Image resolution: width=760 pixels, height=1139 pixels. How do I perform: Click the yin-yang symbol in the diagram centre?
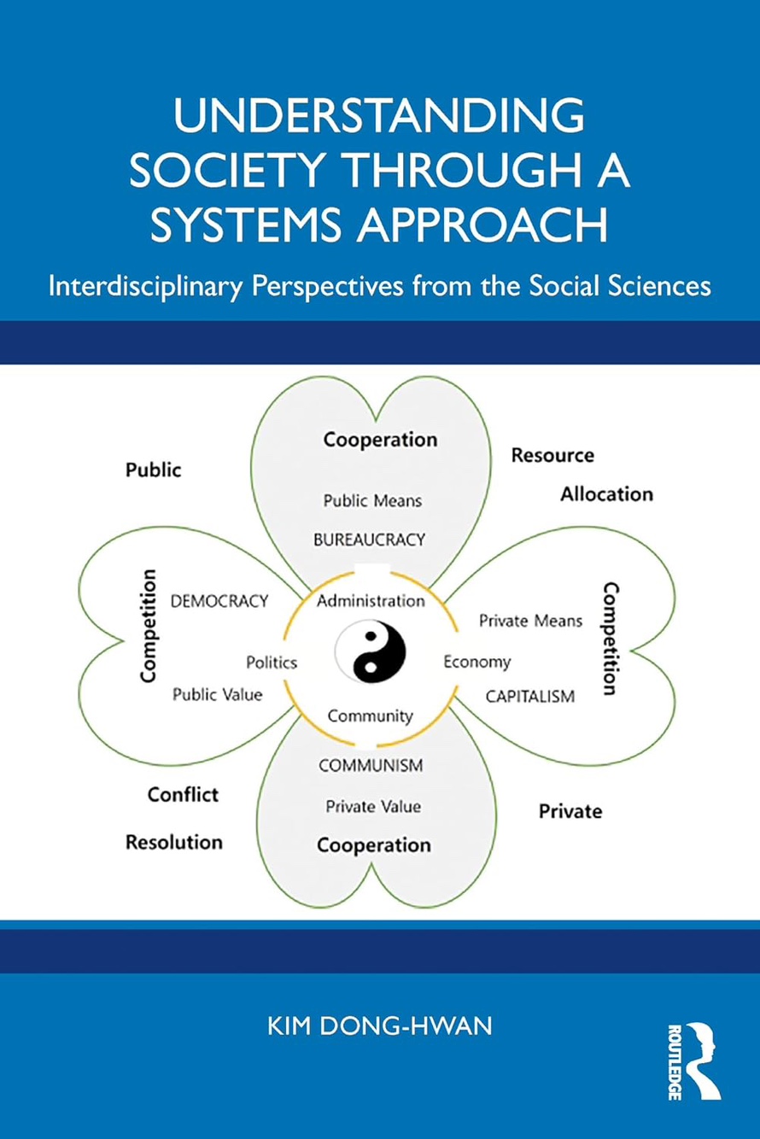371,656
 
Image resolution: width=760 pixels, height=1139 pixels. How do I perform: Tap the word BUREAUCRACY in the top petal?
369,540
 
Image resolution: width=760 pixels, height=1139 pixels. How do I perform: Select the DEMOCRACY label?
219,600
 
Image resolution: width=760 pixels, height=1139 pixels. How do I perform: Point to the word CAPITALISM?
530,696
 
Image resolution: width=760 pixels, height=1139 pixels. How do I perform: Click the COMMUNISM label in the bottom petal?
371,765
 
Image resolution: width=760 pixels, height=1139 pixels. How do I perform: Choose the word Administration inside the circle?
371,600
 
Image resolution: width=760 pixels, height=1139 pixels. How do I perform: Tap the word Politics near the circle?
272,662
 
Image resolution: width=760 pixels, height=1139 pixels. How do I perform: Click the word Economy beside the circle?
476,662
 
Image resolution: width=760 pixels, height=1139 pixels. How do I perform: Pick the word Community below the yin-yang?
371,716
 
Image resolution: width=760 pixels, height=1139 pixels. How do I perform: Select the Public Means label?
372,500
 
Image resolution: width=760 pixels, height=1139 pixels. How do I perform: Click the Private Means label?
530,621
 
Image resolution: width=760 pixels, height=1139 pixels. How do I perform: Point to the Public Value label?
218,694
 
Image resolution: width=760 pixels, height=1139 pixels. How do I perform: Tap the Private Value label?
373,806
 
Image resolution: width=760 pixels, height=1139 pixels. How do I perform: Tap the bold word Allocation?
606,494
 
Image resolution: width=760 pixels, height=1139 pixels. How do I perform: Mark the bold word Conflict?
183,795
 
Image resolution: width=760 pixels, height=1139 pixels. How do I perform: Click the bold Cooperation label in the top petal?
380,440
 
